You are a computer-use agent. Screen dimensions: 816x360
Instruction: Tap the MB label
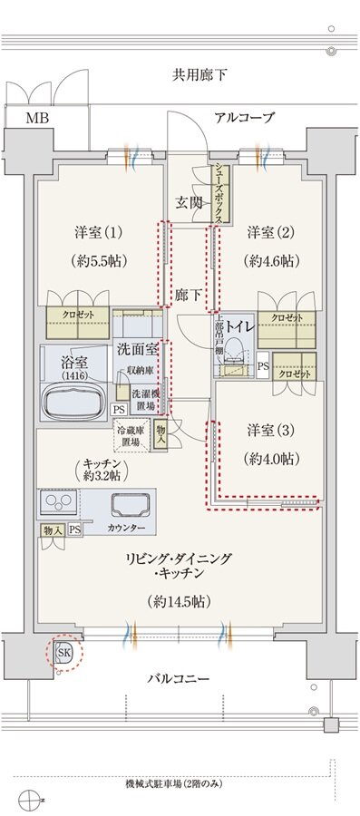(36, 118)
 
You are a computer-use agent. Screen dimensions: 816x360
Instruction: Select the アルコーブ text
(244, 118)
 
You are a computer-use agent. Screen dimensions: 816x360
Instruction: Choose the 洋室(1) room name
(100, 232)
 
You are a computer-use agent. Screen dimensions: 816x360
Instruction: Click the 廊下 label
(189, 295)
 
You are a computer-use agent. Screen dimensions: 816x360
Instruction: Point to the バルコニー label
(180, 678)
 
